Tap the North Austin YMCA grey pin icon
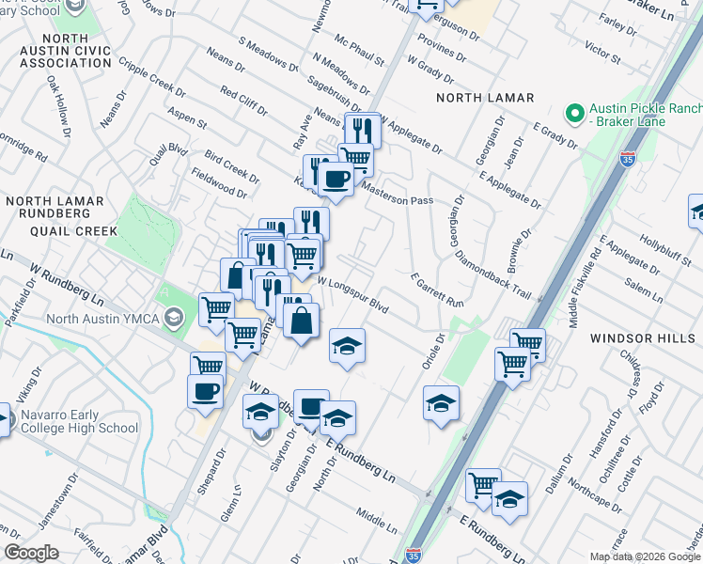(173, 318)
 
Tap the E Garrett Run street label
(437, 290)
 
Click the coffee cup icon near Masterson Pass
(336, 179)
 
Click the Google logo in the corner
(31, 553)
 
